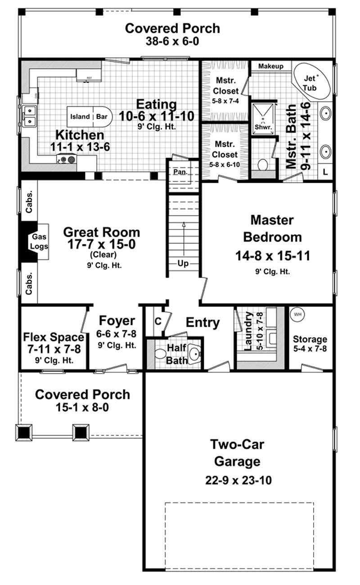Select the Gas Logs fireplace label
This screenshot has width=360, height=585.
39,242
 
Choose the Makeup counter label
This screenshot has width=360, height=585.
270,66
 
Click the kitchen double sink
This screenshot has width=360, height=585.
28,116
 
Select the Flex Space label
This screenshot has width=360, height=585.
54,337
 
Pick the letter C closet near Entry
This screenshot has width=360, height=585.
158,321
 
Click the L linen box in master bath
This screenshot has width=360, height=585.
325,171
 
